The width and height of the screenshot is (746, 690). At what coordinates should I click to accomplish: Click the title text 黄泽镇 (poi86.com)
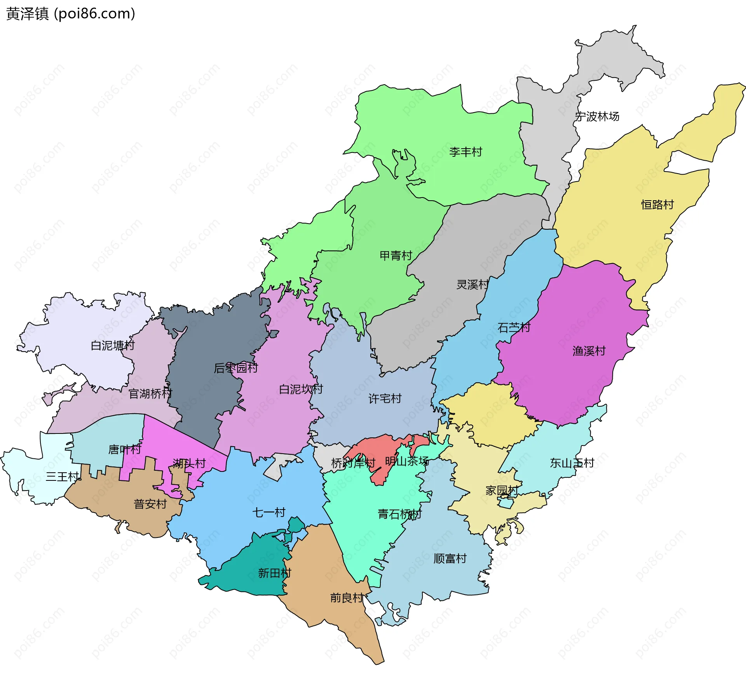(x=71, y=14)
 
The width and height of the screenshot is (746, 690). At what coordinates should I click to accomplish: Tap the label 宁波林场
(x=597, y=116)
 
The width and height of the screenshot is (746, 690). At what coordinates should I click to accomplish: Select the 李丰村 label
(x=465, y=152)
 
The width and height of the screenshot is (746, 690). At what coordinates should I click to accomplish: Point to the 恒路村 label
(x=657, y=205)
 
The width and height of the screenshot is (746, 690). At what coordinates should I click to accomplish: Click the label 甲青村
(x=396, y=255)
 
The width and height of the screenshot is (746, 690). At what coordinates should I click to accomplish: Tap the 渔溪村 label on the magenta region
(x=589, y=351)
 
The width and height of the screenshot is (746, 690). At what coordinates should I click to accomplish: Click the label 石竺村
(x=514, y=327)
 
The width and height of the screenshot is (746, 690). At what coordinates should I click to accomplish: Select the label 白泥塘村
(x=112, y=345)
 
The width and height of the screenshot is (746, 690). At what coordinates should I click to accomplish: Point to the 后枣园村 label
(x=236, y=368)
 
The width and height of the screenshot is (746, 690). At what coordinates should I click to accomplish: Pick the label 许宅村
(x=385, y=398)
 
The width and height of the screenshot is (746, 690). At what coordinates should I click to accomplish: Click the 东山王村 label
(x=572, y=463)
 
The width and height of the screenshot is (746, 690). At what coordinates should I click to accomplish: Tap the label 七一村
(x=269, y=512)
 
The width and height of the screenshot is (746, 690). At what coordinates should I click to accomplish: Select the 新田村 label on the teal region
(x=274, y=573)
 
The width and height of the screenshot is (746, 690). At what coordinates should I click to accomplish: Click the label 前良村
(x=347, y=598)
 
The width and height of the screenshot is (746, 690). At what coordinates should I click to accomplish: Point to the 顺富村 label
(x=450, y=558)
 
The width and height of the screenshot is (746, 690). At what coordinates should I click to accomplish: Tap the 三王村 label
(x=62, y=476)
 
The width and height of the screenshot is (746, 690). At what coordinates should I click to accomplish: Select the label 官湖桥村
(x=150, y=394)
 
